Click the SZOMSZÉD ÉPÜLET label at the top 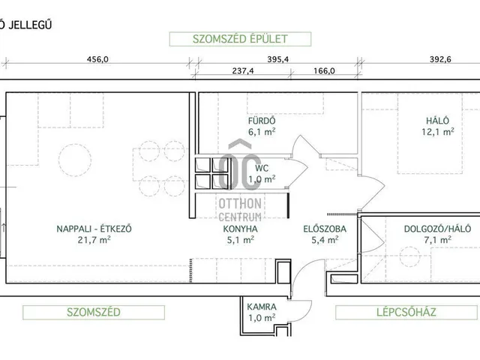[x=229, y=39]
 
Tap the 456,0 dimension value [x=98, y=59]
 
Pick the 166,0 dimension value [x=321, y=73]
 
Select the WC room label [x=261, y=169]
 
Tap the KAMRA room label [x=262, y=307]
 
